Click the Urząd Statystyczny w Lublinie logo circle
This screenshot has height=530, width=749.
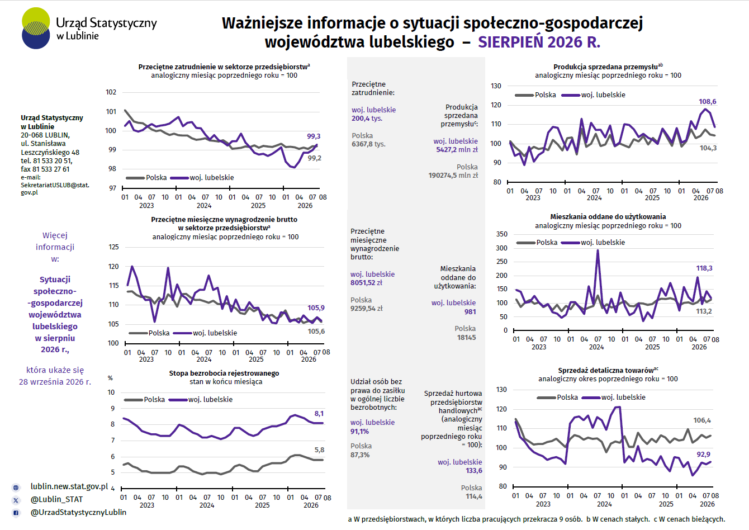tap(36, 29)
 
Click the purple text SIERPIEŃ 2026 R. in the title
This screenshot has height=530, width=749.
tap(539, 42)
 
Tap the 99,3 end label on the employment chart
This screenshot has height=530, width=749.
tap(314, 136)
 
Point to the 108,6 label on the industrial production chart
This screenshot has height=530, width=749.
tap(707, 102)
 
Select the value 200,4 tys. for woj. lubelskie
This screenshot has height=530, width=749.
tap(367, 119)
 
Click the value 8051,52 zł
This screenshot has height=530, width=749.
tap(366, 282)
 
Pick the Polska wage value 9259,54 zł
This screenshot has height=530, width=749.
tap(366, 308)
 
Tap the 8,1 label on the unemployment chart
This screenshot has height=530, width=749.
tap(319, 414)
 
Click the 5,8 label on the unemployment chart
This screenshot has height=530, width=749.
tap(319, 450)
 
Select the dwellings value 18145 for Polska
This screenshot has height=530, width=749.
tap(466, 337)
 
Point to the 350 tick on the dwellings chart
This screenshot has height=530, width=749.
tap(501, 234)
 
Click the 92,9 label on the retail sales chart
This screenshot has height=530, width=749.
tap(703, 455)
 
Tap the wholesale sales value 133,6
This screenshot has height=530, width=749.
tap(474, 471)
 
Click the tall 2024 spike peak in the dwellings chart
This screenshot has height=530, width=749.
tap(598, 250)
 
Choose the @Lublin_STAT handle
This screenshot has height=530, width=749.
tap(56, 500)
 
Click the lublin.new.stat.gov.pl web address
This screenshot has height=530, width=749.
tap(69, 486)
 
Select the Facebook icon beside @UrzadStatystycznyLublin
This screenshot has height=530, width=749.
tap(16, 513)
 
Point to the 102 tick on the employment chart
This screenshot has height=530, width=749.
tap(111, 92)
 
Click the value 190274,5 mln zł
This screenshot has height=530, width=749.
tap(453, 175)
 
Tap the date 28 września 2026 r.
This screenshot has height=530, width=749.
tap(55, 382)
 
